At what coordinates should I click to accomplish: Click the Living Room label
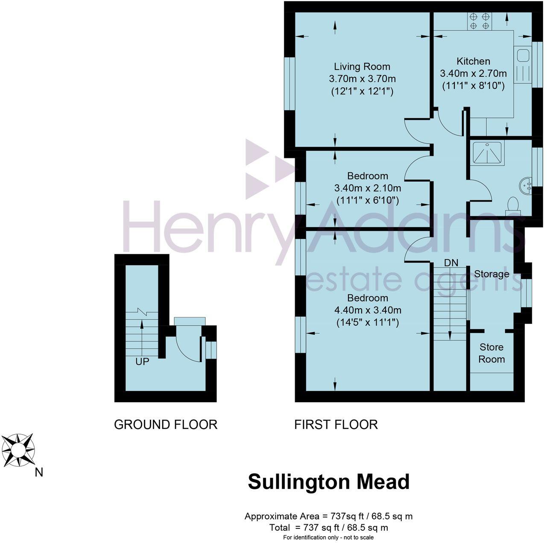362,67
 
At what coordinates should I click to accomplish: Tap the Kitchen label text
473,61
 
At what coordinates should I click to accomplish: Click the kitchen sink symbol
522,55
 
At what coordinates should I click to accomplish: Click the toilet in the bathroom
512,206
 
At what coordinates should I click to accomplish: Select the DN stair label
451,263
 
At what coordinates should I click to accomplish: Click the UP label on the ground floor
142,362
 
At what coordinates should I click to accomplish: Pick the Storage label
491,274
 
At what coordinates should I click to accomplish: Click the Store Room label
491,353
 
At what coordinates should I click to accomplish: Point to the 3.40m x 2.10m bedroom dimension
367,188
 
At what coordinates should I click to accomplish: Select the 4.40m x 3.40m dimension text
367,310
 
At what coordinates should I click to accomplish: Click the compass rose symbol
18,450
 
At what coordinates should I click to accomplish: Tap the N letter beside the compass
39,472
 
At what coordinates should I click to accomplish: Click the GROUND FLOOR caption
166,424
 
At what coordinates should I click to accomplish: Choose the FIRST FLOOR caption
336,424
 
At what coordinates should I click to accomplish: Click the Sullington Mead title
329,482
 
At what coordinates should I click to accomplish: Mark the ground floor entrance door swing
188,348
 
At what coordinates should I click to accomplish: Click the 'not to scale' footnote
328,537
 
